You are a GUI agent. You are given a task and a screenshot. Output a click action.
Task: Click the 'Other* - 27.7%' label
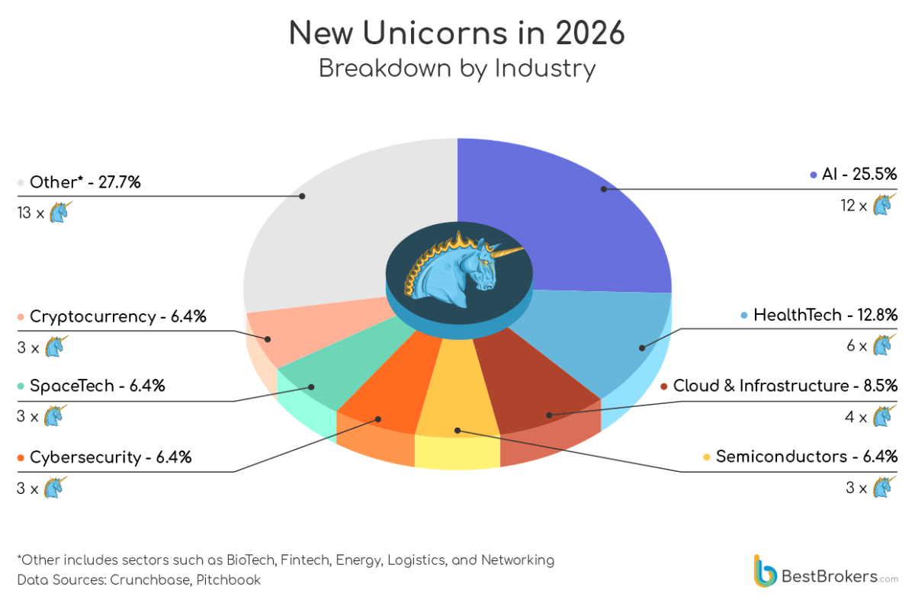tap(85, 182)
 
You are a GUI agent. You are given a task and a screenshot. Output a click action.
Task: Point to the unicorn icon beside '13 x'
tap(59, 211)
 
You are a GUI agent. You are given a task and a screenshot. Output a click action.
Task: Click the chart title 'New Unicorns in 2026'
tap(457, 34)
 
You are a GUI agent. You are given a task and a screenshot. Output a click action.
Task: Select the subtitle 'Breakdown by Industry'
tap(457, 69)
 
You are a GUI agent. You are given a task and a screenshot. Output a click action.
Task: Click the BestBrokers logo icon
tap(765, 570)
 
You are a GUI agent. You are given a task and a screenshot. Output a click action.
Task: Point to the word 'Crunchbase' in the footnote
tap(149, 580)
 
